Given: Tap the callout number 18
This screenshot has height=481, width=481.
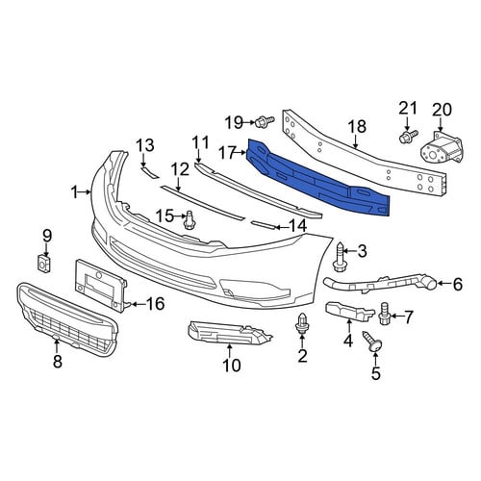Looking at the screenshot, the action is (x=356, y=126).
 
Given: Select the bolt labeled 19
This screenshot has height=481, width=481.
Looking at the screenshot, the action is (x=265, y=122).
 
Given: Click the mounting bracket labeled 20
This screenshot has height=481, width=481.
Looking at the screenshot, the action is (x=441, y=149).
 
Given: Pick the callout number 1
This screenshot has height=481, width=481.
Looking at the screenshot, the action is (x=75, y=192).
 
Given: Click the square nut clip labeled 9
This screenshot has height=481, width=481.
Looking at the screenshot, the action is (x=43, y=264).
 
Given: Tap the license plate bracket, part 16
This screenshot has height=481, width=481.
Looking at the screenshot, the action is (x=101, y=286).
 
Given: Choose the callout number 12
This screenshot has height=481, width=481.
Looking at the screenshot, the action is (x=180, y=169).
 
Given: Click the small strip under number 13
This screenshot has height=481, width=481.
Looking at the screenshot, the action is (x=150, y=172).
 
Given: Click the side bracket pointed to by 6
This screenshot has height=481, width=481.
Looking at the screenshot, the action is (x=380, y=283).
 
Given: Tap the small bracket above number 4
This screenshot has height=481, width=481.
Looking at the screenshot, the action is (x=349, y=311).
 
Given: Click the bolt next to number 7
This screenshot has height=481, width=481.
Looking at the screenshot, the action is (x=385, y=313).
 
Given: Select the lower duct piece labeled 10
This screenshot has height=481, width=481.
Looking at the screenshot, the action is (x=229, y=334).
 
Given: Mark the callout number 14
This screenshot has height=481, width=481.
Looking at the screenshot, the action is (x=297, y=227).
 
